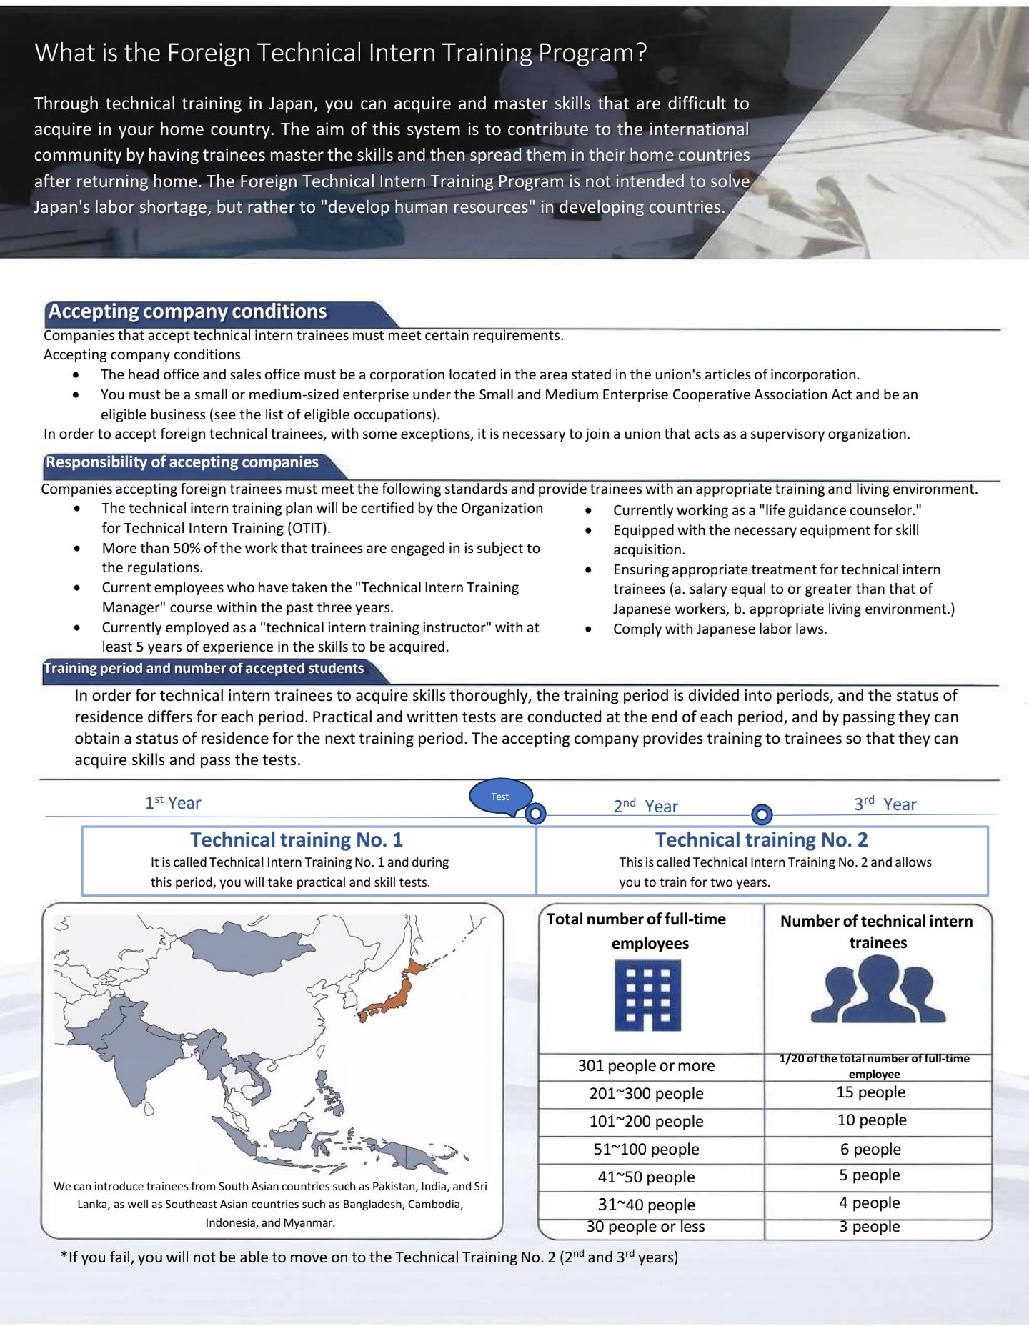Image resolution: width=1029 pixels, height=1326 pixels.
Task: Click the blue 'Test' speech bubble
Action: [500, 797]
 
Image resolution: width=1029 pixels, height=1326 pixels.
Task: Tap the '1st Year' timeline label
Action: [173, 803]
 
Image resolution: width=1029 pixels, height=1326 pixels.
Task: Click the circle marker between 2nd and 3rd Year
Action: [762, 814]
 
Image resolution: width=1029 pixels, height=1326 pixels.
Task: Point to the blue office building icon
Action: [647, 995]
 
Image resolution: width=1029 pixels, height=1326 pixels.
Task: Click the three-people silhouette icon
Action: [878, 989]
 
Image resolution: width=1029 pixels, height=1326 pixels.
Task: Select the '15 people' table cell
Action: [871, 1092]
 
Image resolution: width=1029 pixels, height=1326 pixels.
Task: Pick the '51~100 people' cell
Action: [646, 1149]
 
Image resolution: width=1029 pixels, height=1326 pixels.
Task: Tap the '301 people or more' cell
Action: [646, 1066]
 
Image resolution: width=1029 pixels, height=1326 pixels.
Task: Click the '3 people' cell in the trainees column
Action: [870, 1227]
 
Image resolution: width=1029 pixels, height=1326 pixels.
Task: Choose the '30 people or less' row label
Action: [645, 1227]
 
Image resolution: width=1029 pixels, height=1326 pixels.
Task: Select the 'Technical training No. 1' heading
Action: [296, 839]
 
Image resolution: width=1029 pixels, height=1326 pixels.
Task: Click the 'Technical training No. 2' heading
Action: [761, 839]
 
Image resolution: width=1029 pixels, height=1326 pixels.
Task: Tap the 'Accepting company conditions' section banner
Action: [187, 311]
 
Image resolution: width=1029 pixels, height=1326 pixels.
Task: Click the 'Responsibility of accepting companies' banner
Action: [182, 462]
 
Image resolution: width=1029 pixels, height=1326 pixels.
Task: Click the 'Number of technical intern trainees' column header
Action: [877, 932]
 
